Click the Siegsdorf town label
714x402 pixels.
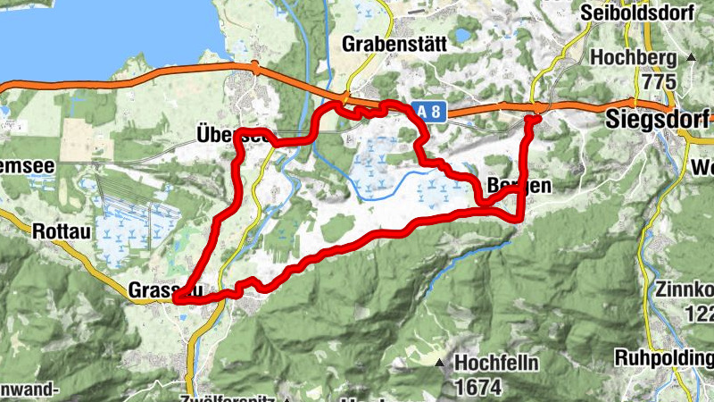point(656,118)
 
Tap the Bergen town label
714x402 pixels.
point(515,186)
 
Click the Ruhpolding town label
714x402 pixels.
point(664,357)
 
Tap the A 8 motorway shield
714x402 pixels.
point(428,110)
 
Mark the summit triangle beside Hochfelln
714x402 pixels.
point(439,364)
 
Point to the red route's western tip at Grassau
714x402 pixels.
point(176,298)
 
